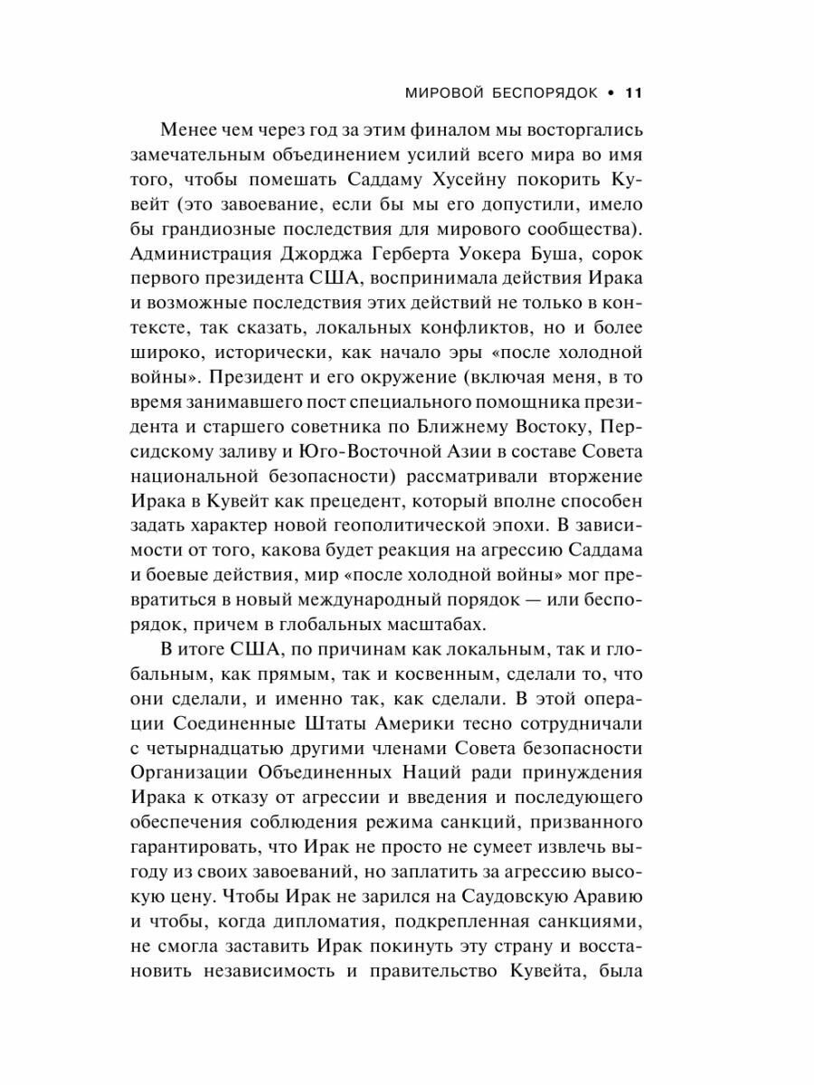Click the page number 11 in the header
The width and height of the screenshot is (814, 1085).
pyautogui.click(x=632, y=92)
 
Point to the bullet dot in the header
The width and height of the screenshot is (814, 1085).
pyautogui.click(x=608, y=92)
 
